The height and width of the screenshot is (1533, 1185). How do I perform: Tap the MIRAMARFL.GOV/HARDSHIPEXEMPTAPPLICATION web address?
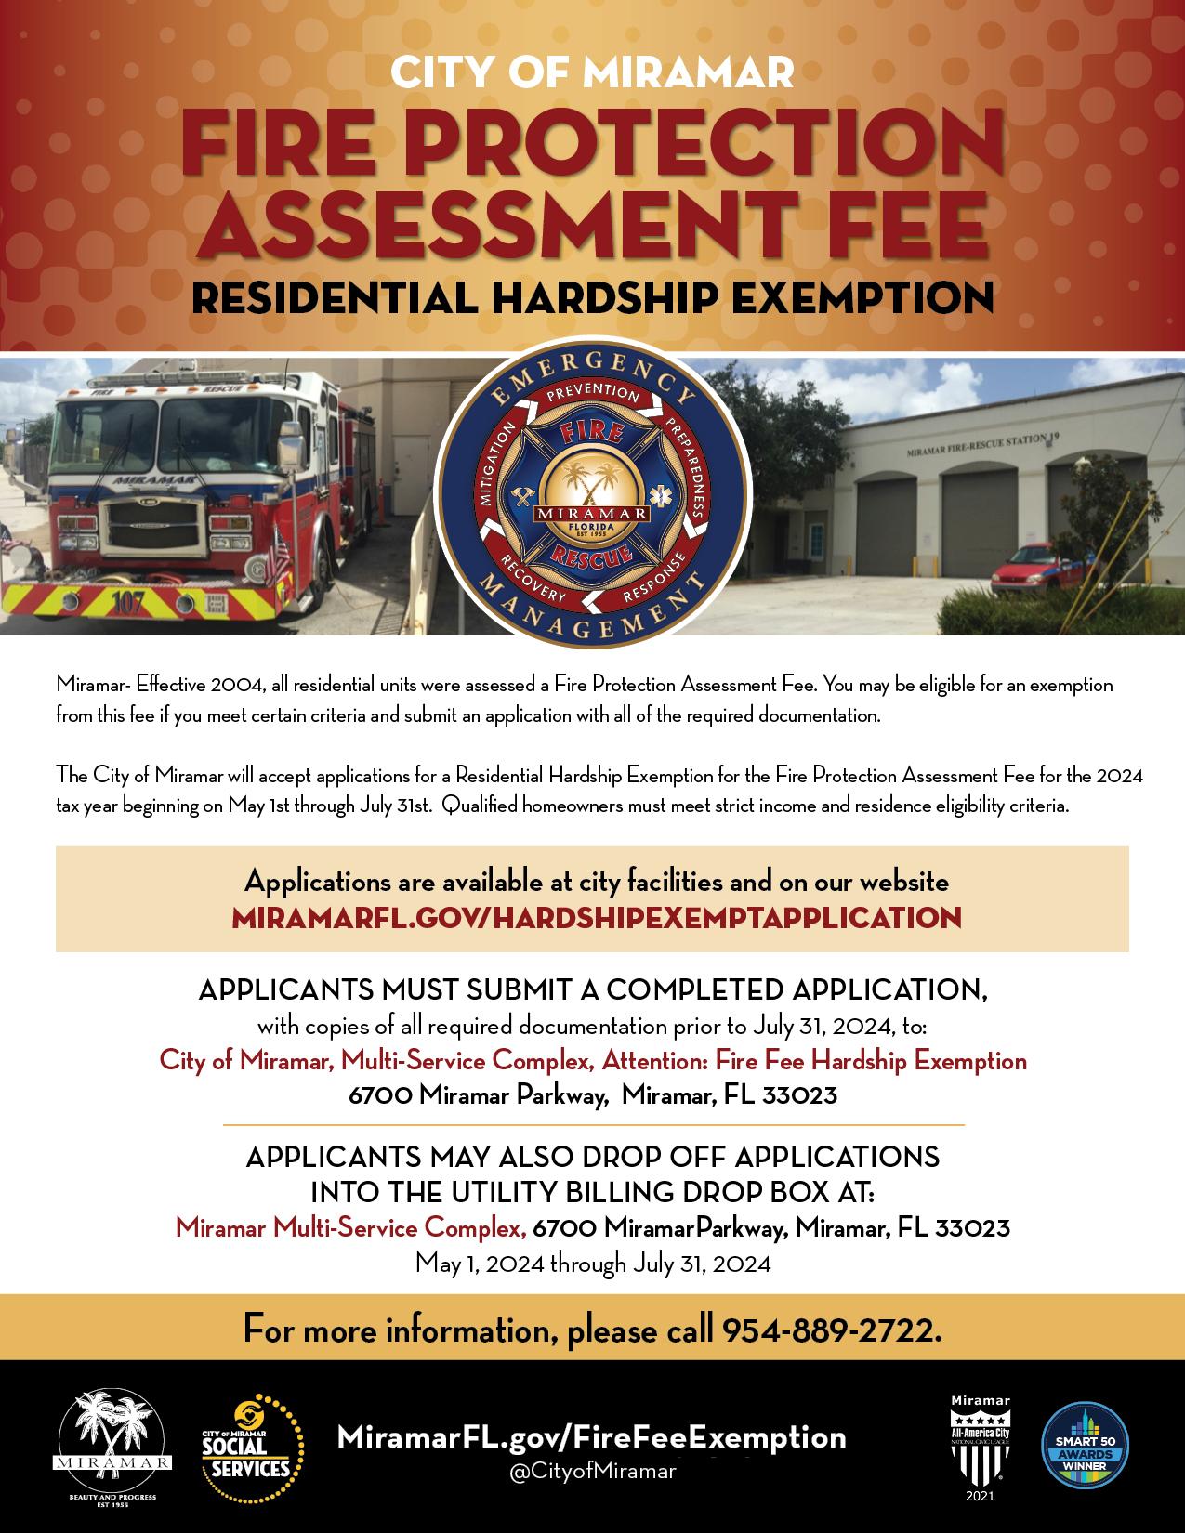pyautogui.click(x=596, y=918)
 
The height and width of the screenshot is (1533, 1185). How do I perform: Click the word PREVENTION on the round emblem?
pyautogui.click(x=592, y=394)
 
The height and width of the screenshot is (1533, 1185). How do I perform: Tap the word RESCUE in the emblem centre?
pyautogui.click(x=592, y=556)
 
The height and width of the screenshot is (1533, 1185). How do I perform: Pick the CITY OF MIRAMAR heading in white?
pyautogui.click(x=592, y=72)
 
